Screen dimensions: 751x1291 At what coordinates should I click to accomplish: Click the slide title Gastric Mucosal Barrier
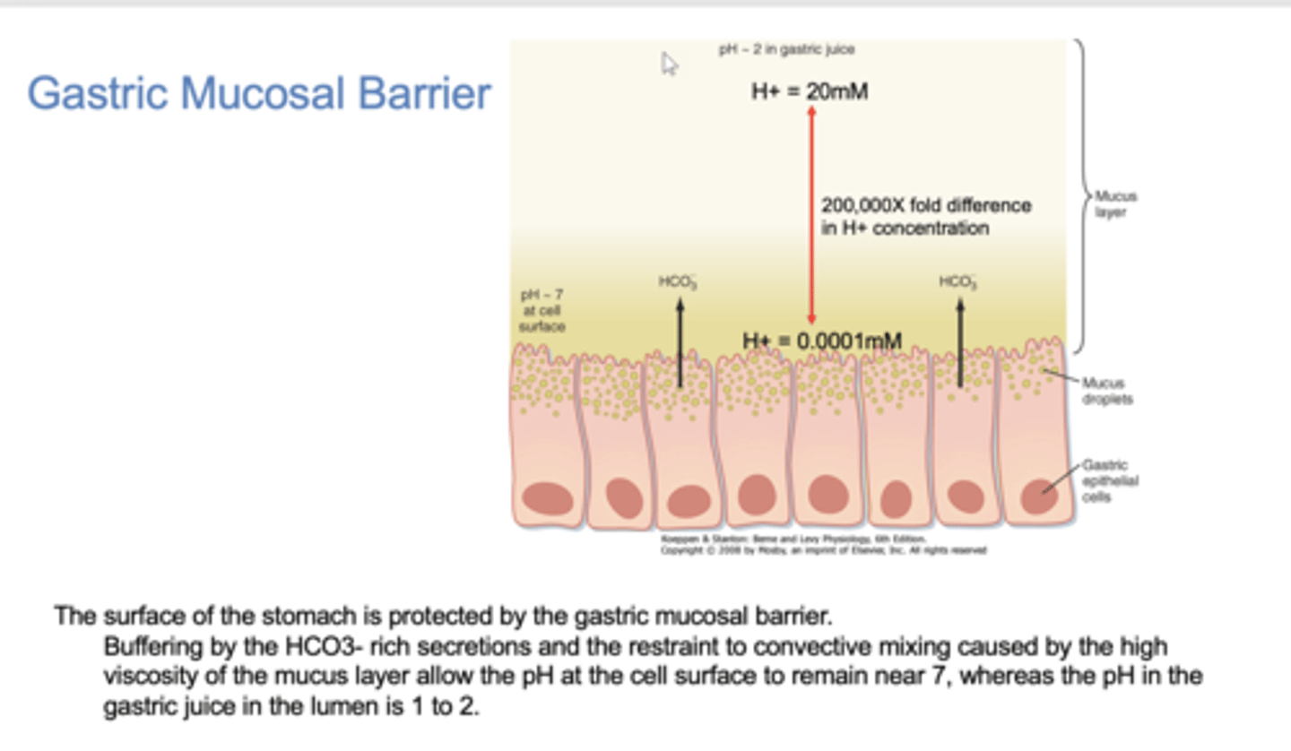pos(259,93)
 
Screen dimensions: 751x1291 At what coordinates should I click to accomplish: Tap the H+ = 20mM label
pos(809,91)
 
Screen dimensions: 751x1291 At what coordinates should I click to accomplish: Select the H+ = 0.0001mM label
pos(821,341)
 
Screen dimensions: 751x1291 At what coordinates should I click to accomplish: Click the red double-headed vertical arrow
pos(812,215)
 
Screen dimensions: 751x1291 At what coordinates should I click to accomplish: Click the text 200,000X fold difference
pos(926,205)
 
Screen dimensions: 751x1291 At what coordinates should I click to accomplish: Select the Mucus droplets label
pos(1106,391)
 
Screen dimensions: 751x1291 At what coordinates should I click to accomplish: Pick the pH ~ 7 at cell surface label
pos(542,310)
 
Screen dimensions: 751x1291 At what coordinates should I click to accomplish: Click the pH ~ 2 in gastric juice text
pos(786,50)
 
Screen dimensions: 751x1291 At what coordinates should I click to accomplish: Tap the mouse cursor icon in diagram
pos(670,64)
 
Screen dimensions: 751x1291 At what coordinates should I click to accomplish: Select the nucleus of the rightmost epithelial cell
pos(1038,496)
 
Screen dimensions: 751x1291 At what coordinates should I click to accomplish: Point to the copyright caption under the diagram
pos(823,545)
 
